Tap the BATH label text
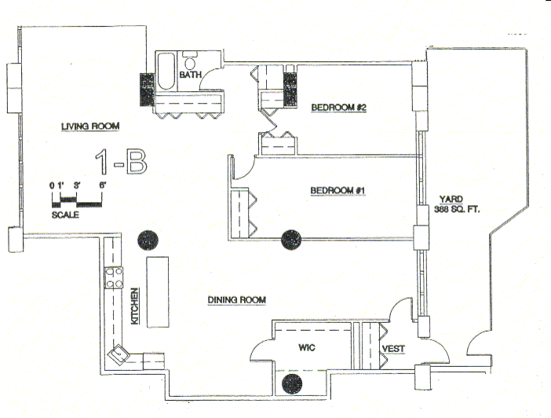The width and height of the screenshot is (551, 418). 192,75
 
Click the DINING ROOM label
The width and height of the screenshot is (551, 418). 237,299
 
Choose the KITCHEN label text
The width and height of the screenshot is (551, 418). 134,307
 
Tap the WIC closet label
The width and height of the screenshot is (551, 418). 305,346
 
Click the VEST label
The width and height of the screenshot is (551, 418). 392,349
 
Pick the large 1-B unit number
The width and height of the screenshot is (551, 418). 120,162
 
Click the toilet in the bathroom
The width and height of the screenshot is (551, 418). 190,62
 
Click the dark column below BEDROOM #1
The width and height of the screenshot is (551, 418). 292,236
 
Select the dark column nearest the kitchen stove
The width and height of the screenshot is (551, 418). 147,239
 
